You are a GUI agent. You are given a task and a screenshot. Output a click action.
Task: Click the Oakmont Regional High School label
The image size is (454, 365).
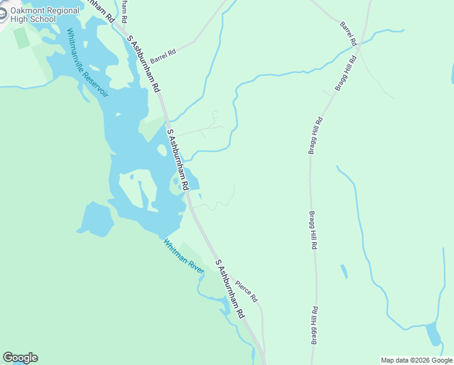click(45, 15)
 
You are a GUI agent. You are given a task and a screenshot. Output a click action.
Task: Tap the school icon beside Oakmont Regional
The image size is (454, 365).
click(2, 14)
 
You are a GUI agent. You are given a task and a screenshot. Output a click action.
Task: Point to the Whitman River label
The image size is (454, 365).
click(183, 255)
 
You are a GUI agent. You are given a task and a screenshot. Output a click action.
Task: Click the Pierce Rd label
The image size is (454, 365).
click(246, 291)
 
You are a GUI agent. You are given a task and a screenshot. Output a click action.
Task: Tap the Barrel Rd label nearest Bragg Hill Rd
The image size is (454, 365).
click(348, 32)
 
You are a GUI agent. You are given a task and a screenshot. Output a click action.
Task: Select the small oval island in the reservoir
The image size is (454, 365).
click(162, 150)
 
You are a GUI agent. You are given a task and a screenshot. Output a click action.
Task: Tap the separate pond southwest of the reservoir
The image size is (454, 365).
click(95, 220)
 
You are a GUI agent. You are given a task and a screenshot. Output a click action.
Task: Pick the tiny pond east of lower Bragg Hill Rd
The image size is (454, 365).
click(344, 271)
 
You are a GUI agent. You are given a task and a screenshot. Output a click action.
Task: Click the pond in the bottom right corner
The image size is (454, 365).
click(433, 334)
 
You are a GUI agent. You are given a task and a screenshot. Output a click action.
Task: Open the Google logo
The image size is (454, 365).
click(20, 358)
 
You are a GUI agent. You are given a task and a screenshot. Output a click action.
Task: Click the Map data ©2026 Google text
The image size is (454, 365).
click(416, 360)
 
